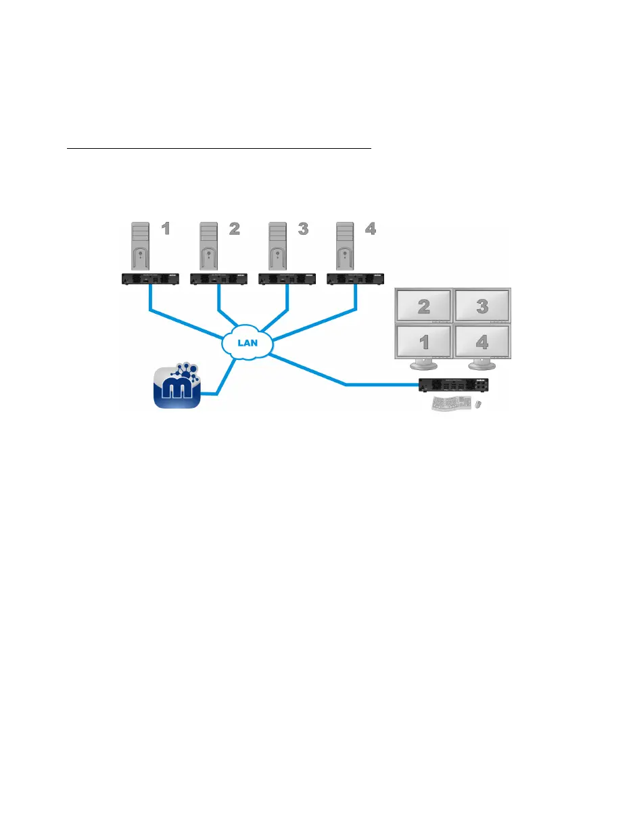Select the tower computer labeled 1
coord(139,248)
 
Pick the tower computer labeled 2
coord(208,248)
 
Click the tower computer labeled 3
coord(276,248)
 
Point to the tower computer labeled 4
coord(344,248)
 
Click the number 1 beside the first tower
coord(165,229)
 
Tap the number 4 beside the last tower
coord(369,229)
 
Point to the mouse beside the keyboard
coord(478,404)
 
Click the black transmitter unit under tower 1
coord(149,278)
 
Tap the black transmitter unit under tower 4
coord(355,278)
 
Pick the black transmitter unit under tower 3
coord(287,278)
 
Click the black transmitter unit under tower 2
coord(218,278)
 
